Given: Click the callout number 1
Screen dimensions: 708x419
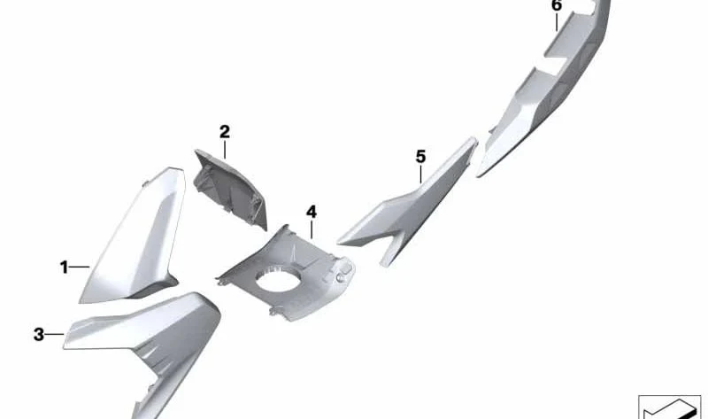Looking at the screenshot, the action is pos(64,268).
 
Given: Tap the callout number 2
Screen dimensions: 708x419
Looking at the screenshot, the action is pos(225,132).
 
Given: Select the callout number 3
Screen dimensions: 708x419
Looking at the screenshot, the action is pos(39,335).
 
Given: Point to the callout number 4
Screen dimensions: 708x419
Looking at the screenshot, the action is pos(312,212).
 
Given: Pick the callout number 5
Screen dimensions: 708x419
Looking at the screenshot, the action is pos(421,157).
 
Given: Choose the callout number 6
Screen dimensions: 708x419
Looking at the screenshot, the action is pos(557,6).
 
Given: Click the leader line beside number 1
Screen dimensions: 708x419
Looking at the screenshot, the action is pos(80,268).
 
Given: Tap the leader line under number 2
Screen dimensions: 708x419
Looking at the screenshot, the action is pos(225,149).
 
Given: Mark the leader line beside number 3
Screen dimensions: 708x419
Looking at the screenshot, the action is pos(55,335).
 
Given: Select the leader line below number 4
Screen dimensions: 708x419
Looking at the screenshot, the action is pos(312,229).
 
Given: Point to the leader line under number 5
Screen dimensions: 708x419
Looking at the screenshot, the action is pos(421,175).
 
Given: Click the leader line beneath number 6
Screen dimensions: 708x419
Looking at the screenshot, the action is pos(557,22).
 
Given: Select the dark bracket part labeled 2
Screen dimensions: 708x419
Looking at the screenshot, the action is pos(229,189).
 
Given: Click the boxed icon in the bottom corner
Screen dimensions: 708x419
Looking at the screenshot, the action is pos(669,407).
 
